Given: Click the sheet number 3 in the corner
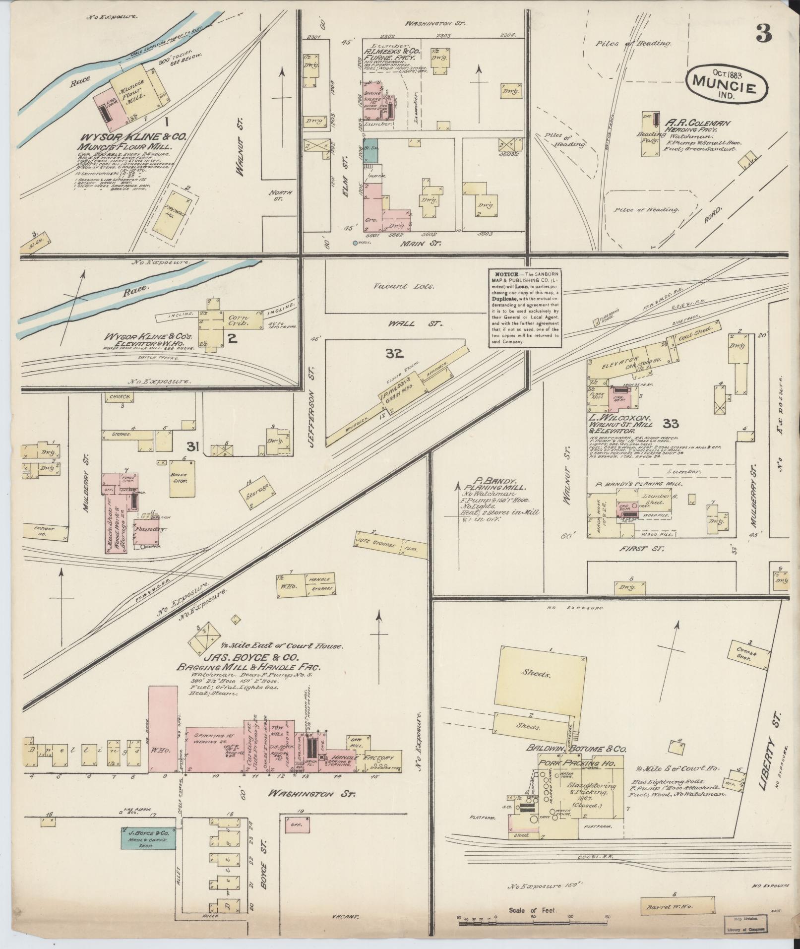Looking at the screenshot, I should click(x=764, y=33).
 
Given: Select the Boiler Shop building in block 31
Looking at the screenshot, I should click(x=181, y=478).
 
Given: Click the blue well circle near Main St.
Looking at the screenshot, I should click(x=355, y=243).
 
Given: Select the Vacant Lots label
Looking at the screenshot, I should click(x=405, y=286).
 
